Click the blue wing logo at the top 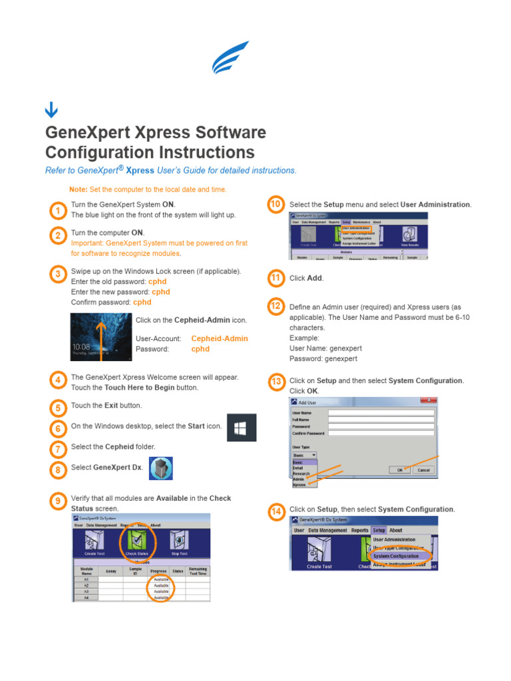230,57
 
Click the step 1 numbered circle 58,211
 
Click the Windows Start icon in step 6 242,427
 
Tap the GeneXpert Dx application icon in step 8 161,469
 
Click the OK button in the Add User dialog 400,470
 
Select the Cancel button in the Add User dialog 423,470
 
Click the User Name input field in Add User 382,412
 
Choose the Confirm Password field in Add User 382,433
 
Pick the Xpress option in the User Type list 300,485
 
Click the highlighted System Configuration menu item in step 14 396,556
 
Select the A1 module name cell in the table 86,579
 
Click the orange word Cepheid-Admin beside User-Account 219,339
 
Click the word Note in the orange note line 78,190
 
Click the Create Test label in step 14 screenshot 319,567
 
